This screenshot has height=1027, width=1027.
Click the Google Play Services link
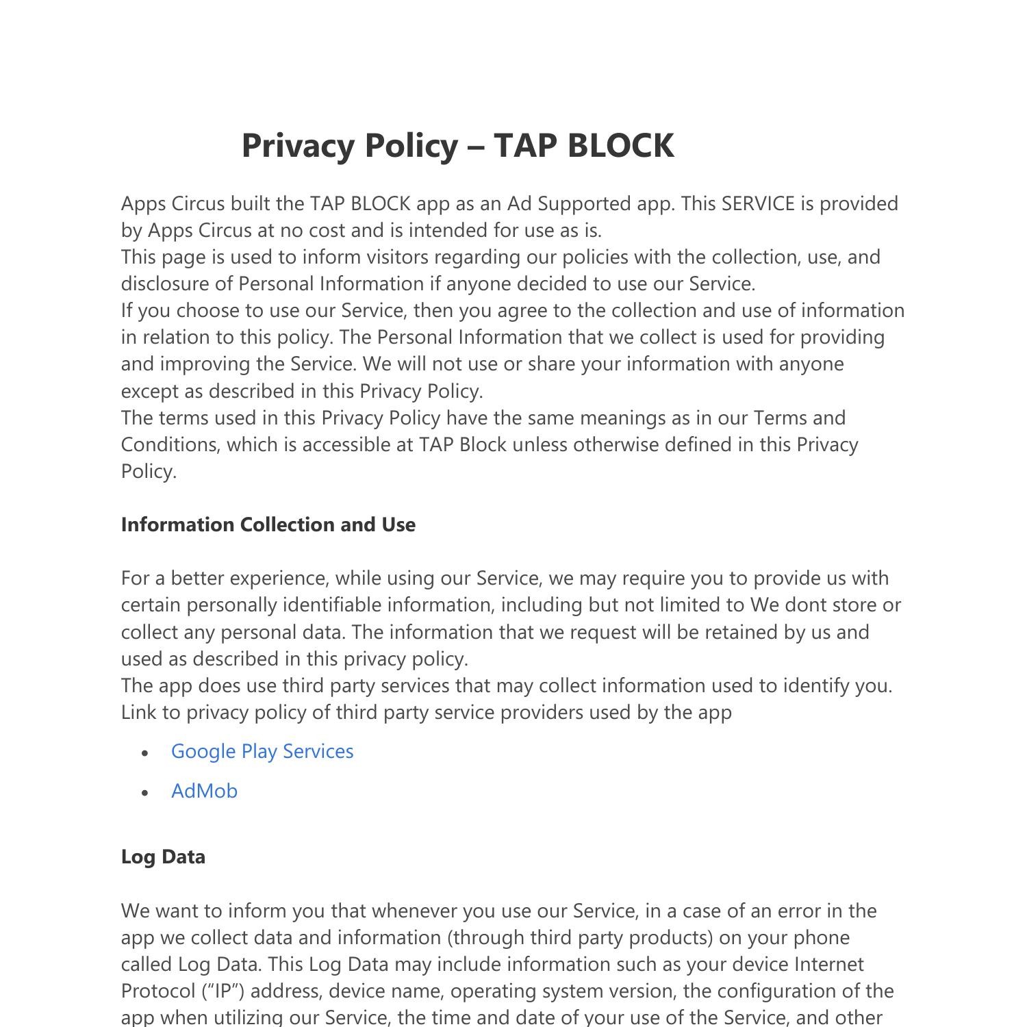point(262,751)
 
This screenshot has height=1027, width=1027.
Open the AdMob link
point(204,791)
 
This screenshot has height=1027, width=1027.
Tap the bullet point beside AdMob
point(144,792)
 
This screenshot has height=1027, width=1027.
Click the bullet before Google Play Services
point(144,752)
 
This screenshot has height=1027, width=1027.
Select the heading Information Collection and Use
point(268,524)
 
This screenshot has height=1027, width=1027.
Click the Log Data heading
point(163,857)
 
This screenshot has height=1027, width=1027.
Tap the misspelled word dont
point(806,605)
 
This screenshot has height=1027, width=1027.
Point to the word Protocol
point(157,991)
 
